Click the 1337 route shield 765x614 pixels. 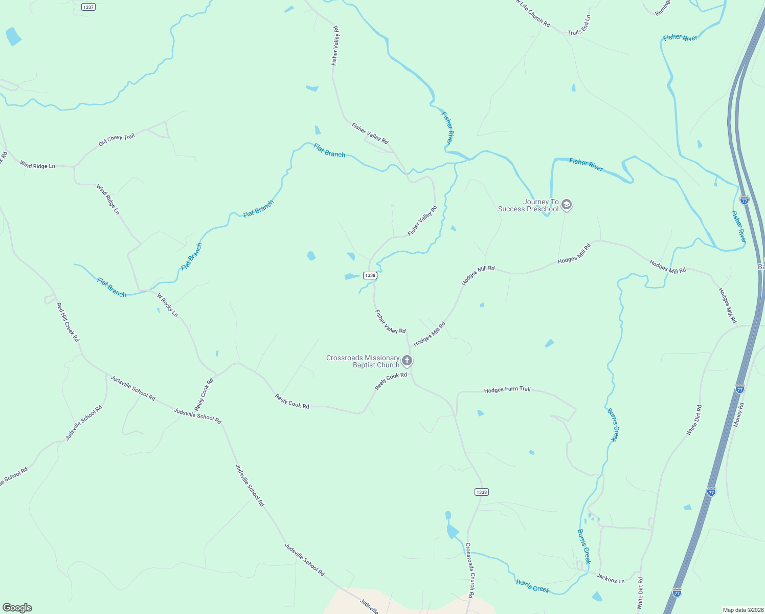click(x=88, y=7)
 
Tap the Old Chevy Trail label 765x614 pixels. click(x=117, y=140)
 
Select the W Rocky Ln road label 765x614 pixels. click(x=167, y=305)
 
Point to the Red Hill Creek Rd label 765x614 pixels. click(x=68, y=322)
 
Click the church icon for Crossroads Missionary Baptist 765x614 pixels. click(x=407, y=361)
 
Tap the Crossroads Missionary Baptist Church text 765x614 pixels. click(x=363, y=361)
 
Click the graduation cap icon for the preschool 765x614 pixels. click(x=566, y=205)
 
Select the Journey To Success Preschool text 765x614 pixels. click(x=529, y=205)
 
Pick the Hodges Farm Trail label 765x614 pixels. click(x=507, y=390)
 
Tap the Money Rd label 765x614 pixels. click(x=739, y=414)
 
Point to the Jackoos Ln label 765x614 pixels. click(x=610, y=578)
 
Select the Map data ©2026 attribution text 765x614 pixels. click(x=742, y=610)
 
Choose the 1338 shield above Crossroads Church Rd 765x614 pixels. click(x=481, y=492)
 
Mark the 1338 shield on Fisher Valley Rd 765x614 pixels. click(x=370, y=275)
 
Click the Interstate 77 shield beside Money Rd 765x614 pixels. click(x=739, y=389)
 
